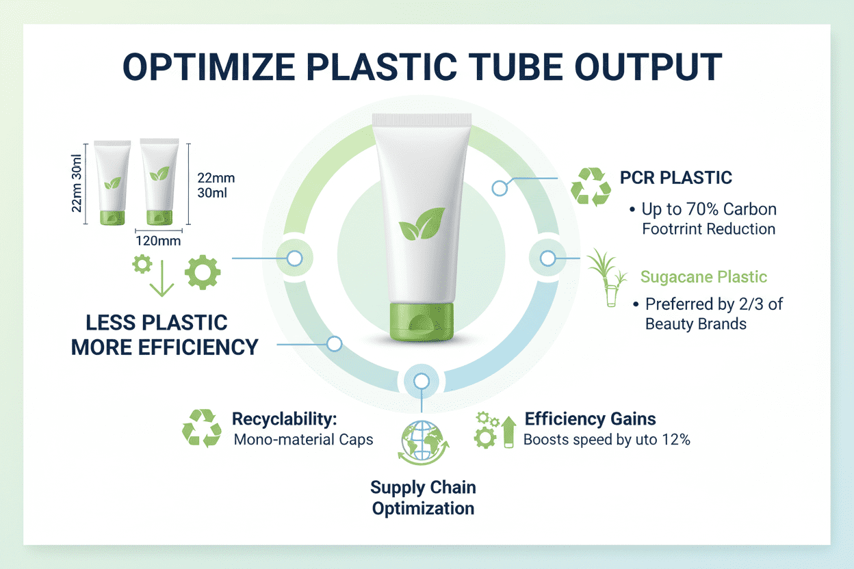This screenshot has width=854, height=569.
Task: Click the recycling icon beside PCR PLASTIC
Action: [x=591, y=187]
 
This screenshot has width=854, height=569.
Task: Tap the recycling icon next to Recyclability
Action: [x=202, y=428]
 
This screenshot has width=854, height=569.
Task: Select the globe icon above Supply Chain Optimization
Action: [x=423, y=442]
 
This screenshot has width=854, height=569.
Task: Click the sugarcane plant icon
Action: [x=608, y=278]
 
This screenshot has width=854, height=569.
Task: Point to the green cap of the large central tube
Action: [x=422, y=322]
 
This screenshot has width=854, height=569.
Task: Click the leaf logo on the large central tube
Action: [x=422, y=224]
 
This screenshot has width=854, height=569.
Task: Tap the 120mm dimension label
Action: [x=158, y=241]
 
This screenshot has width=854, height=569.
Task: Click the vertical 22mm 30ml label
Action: [x=77, y=183]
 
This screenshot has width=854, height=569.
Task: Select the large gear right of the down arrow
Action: [x=203, y=272]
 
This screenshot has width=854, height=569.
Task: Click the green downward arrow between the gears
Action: [x=162, y=278]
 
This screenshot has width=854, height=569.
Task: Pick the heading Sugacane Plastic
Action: [x=703, y=277]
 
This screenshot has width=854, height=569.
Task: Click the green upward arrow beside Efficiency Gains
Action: [x=508, y=432]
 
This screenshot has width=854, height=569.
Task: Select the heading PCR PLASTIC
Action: [x=675, y=178]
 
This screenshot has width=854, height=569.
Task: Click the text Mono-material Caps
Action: [x=303, y=440]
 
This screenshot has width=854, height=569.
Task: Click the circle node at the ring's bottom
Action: [x=422, y=381]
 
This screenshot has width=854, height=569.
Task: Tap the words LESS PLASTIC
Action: [x=156, y=323]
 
